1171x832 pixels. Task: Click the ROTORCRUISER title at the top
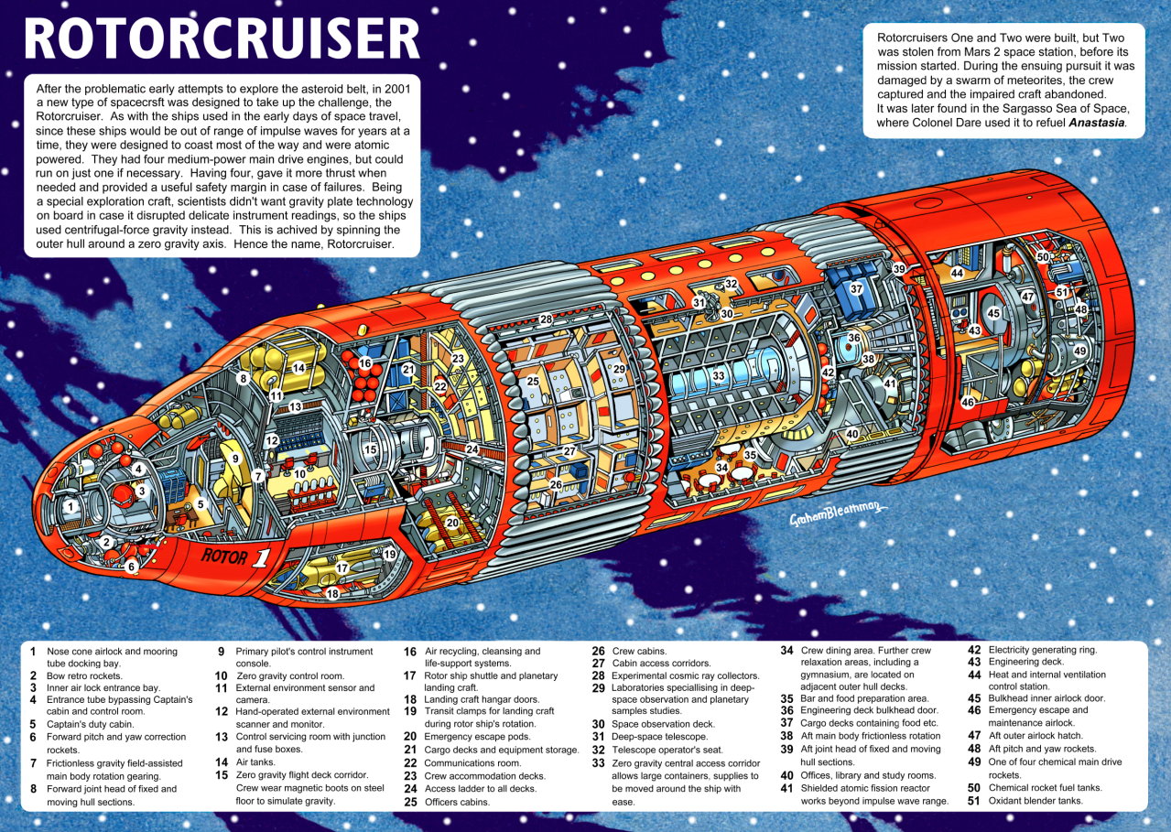click(x=222, y=39)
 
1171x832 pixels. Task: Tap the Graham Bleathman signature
click(x=838, y=513)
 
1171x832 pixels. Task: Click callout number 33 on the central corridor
click(x=719, y=376)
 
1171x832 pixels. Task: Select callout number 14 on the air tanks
click(x=298, y=367)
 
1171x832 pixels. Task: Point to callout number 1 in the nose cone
click(x=70, y=506)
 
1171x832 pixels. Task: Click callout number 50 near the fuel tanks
click(x=1043, y=257)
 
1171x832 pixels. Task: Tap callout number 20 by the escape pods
click(x=452, y=523)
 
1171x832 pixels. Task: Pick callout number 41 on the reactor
click(x=890, y=384)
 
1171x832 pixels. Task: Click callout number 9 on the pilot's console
click(x=236, y=459)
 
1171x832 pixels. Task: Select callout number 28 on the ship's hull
click(x=546, y=319)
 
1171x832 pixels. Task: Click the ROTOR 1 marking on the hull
click(x=236, y=557)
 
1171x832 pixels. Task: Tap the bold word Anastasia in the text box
click(x=1096, y=123)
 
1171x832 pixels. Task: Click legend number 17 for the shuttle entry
click(x=410, y=675)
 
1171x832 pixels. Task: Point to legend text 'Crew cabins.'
click(x=639, y=651)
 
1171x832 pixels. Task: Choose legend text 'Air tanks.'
click(x=255, y=762)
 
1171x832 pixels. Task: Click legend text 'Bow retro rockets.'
click(x=84, y=675)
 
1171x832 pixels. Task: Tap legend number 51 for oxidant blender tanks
click(x=973, y=801)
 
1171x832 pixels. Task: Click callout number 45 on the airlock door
click(x=993, y=313)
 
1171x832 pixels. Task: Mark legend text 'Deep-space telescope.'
click(x=660, y=737)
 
